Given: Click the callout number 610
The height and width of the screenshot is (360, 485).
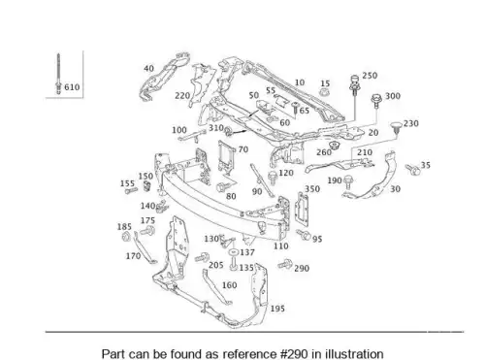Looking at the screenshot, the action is (x=72, y=87).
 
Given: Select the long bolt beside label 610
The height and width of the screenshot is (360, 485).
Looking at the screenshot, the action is (x=58, y=74).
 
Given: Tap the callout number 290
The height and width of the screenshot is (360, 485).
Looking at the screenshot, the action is (x=302, y=268).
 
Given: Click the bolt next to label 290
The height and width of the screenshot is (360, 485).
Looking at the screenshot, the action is (x=284, y=264).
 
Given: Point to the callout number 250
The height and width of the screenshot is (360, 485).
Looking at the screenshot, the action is (x=370, y=76).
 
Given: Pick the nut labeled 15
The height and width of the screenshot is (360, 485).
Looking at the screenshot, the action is (x=325, y=91).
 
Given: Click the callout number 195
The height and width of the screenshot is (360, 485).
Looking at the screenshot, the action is (x=277, y=309).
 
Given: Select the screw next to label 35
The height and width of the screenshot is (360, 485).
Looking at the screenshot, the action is (x=412, y=169).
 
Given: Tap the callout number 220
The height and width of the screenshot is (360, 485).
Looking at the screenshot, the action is (x=182, y=96).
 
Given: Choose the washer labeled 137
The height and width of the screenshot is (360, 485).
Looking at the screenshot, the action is (x=234, y=251).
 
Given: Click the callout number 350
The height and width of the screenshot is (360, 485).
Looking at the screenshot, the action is (x=312, y=189).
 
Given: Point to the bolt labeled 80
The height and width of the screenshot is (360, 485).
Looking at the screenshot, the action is (x=223, y=186).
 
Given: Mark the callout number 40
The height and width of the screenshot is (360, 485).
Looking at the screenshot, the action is (x=148, y=69).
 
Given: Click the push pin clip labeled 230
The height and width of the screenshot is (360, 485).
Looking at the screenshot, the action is (x=396, y=127).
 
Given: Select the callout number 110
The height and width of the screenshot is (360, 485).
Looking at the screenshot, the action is (x=280, y=246).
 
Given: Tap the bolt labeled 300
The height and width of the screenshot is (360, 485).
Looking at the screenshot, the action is (x=376, y=101).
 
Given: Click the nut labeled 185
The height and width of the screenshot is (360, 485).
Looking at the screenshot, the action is (x=126, y=237).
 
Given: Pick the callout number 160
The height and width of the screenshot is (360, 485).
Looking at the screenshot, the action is (x=229, y=285).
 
